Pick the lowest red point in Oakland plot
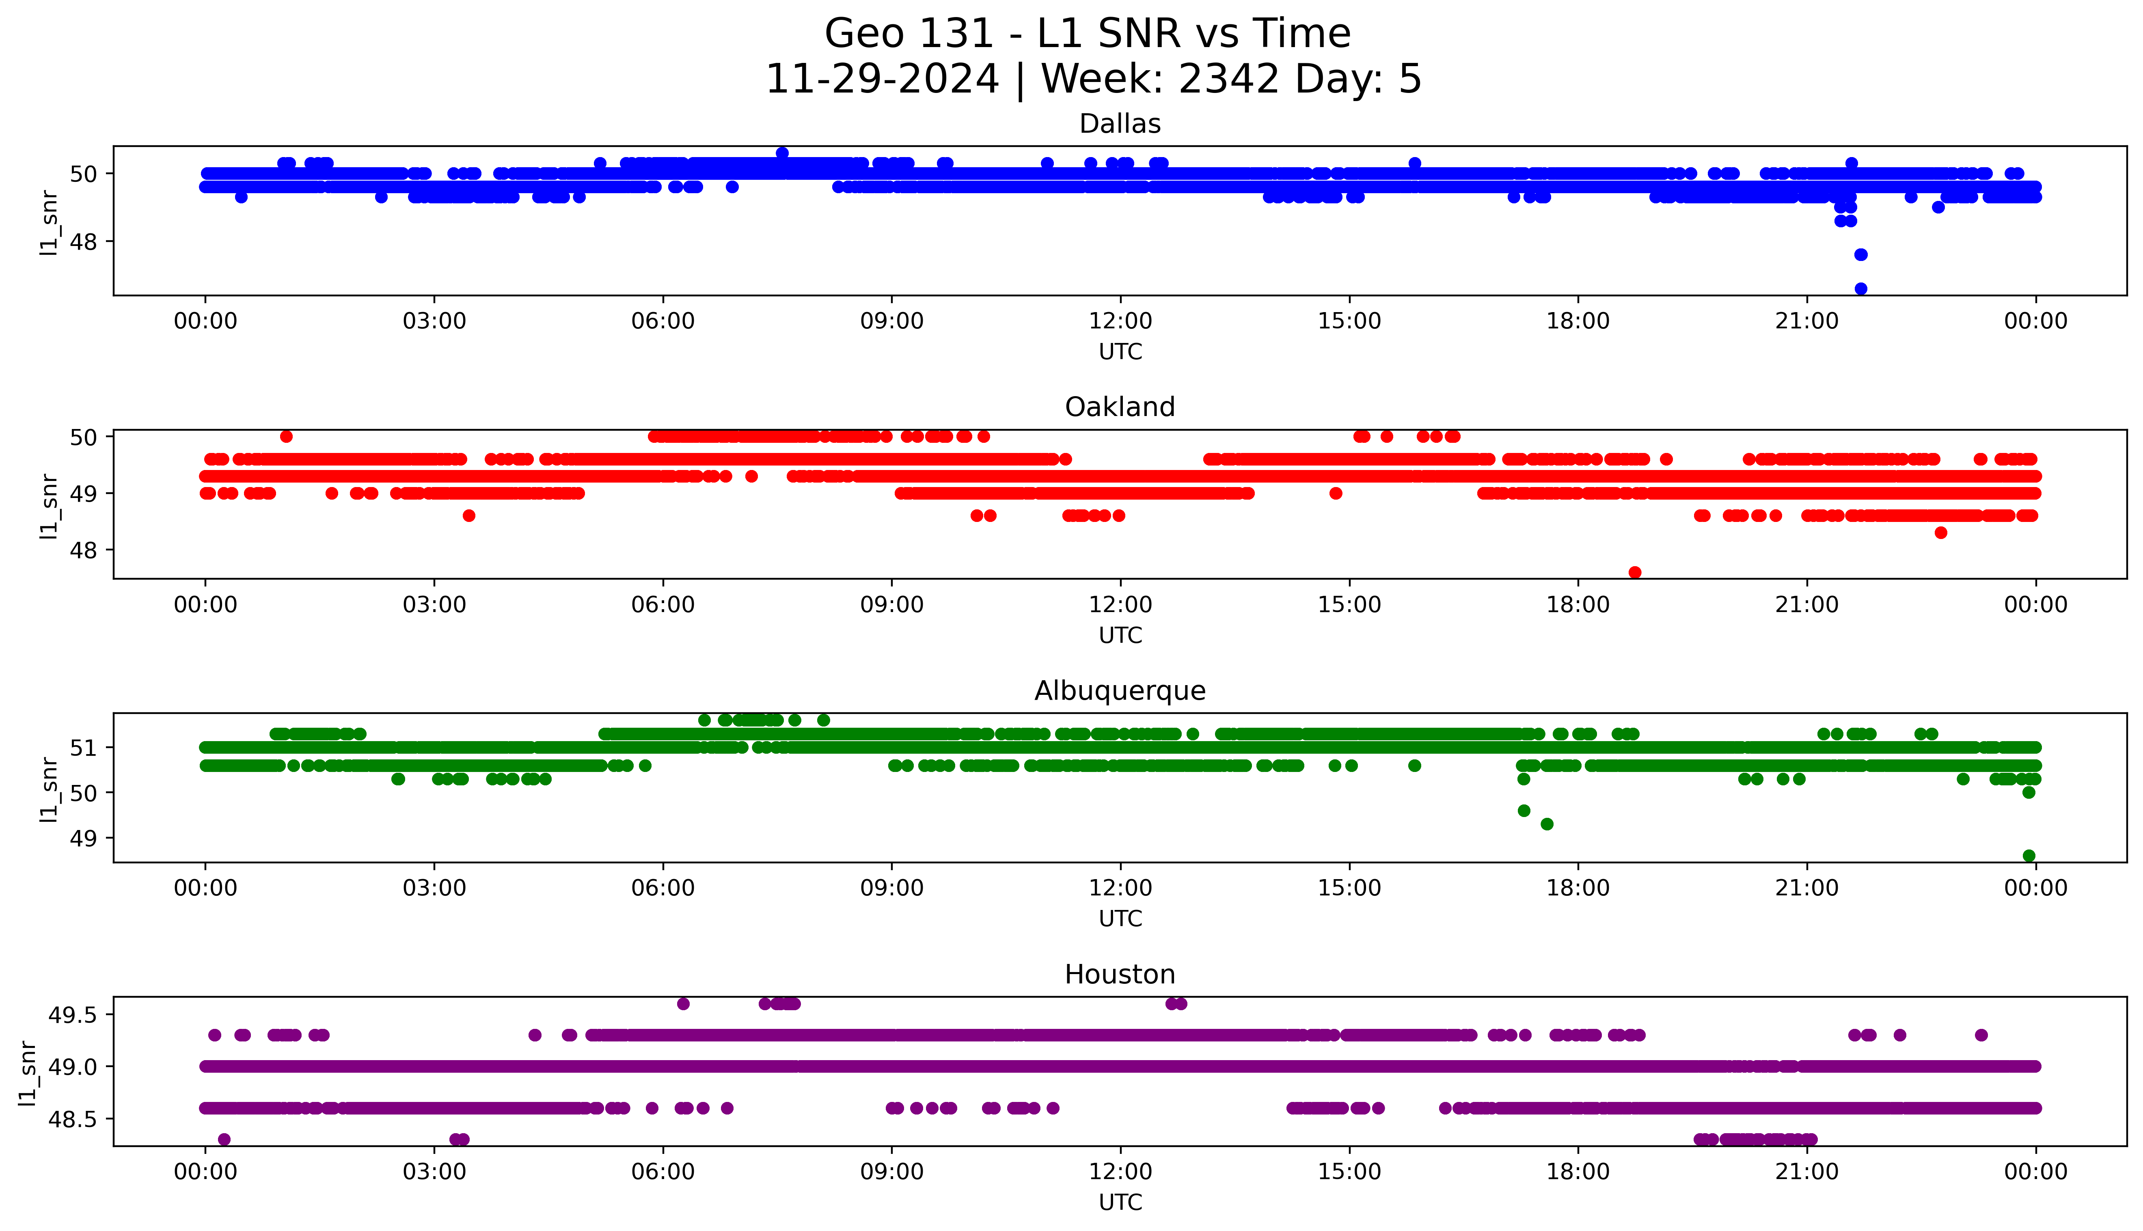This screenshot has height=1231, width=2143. [1635, 572]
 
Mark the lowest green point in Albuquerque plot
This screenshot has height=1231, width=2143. [2029, 856]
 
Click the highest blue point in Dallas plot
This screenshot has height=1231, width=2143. [782, 153]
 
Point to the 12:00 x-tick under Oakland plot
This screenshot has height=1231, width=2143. [1120, 604]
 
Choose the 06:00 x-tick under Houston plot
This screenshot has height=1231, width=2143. [663, 1172]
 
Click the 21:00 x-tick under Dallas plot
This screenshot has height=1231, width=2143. [1806, 321]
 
